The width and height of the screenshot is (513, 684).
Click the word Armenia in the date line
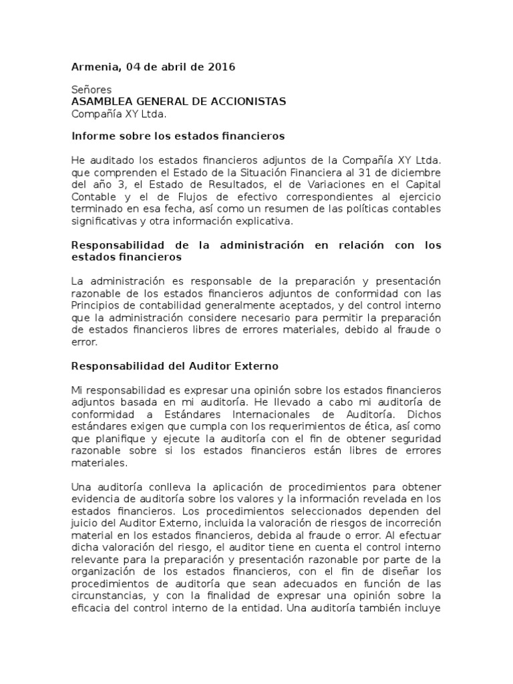(x=94, y=67)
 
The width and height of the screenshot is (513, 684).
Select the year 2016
(x=221, y=67)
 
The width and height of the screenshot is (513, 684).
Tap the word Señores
(x=92, y=90)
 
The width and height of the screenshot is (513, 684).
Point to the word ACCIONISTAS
(x=248, y=102)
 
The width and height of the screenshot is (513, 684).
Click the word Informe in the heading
(x=92, y=136)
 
